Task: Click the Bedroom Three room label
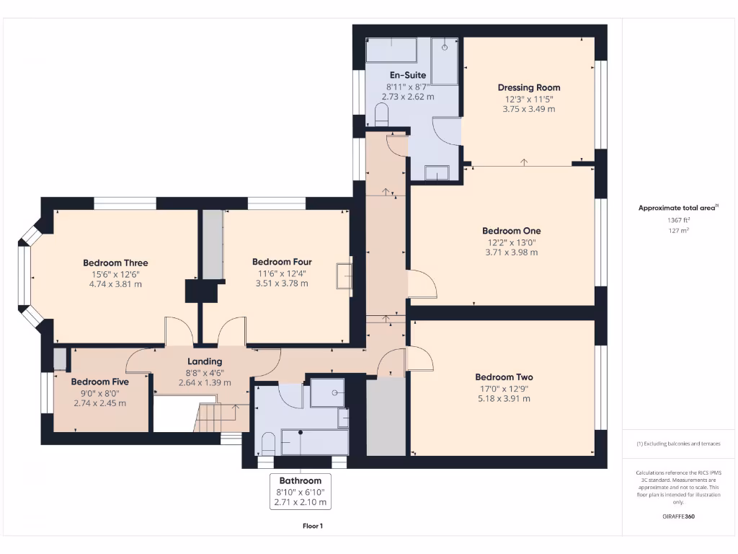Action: tap(115, 263)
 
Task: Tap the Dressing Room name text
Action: tap(528, 87)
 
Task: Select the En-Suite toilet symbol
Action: tap(382, 114)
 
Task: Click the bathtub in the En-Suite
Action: tap(391, 50)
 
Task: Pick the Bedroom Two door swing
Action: tap(421, 359)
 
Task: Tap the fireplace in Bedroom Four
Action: tap(343, 276)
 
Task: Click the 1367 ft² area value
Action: tap(678, 220)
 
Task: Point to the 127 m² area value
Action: tap(678, 231)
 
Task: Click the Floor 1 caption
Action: tap(313, 526)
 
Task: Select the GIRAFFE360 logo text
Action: tap(678, 516)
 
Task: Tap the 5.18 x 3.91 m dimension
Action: tap(504, 398)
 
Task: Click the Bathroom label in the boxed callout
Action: tap(300, 480)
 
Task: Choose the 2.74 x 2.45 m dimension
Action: tap(99, 403)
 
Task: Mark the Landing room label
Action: tap(205, 361)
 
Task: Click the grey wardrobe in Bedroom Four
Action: tap(212, 245)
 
